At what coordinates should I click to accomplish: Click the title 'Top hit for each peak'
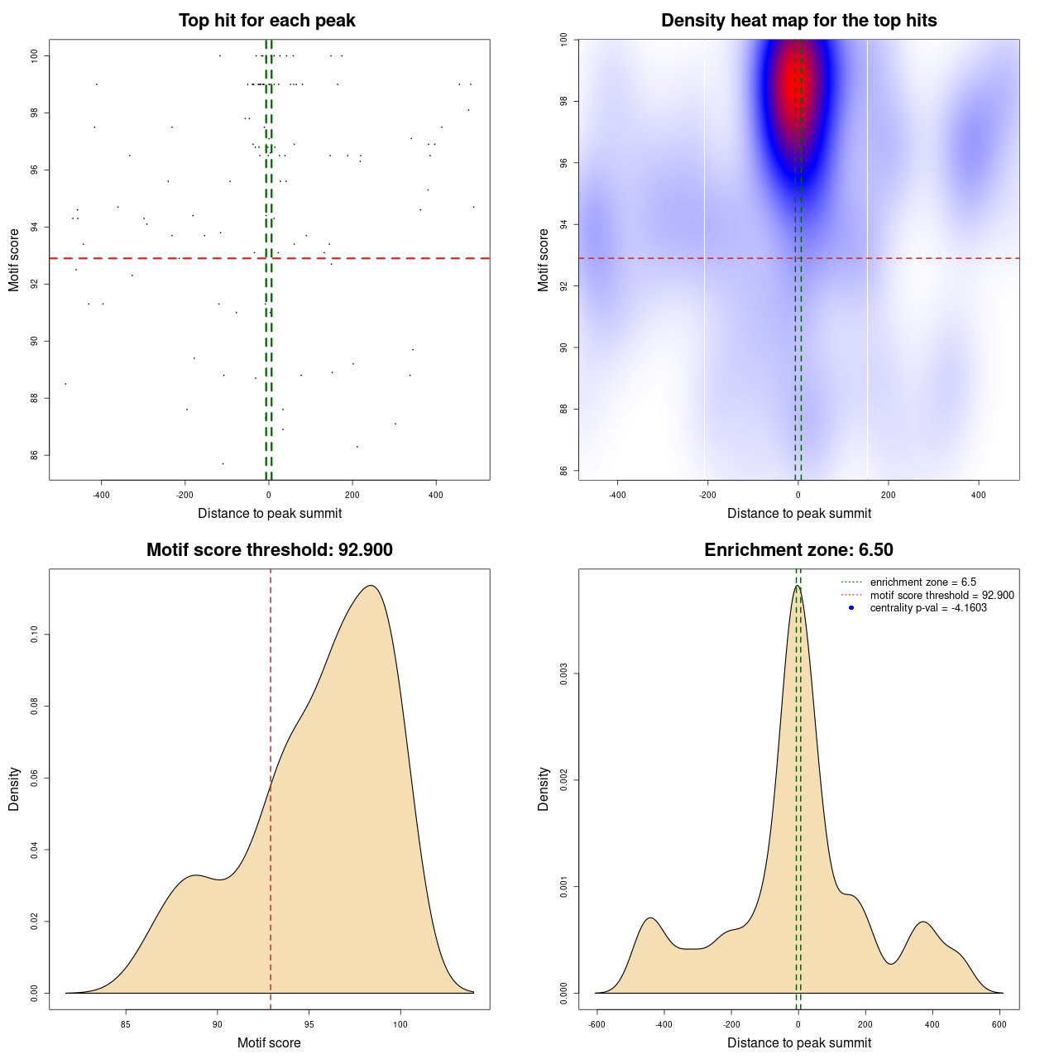(x=266, y=21)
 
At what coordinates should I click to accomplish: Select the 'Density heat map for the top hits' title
(x=798, y=21)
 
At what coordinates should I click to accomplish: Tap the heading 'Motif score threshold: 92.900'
(x=269, y=550)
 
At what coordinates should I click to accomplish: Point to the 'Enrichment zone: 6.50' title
(x=798, y=550)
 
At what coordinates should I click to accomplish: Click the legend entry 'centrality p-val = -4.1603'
(x=928, y=608)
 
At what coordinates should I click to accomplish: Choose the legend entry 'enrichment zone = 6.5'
(x=922, y=582)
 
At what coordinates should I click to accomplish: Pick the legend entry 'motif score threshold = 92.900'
(x=942, y=596)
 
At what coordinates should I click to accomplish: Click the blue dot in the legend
(x=851, y=608)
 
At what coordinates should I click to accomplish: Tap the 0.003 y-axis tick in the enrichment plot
(x=566, y=674)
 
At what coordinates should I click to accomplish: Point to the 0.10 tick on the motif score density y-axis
(x=36, y=635)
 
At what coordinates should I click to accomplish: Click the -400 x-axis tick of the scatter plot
(x=101, y=495)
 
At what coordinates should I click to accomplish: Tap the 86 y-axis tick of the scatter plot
(x=36, y=455)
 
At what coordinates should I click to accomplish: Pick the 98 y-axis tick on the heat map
(x=564, y=101)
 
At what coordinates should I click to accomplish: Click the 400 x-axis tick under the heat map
(x=979, y=495)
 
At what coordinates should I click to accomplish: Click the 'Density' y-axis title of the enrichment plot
(x=544, y=788)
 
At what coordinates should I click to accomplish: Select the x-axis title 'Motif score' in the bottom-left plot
(x=269, y=1042)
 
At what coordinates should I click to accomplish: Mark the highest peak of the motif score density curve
(x=371, y=586)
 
